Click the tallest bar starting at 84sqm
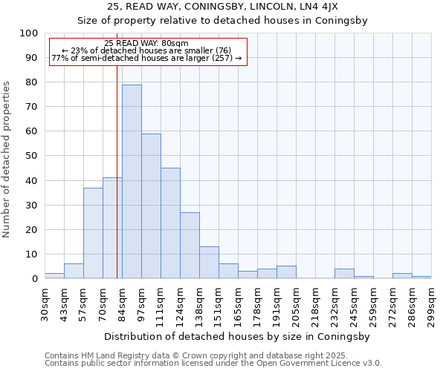[x=132, y=182]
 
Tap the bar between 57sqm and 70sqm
[x=93, y=233]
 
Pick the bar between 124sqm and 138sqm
[x=190, y=246]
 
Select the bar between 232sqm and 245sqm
[x=344, y=274]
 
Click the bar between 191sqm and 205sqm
[x=286, y=272]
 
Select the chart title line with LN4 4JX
[x=223, y=6]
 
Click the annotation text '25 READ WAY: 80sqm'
[x=146, y=43]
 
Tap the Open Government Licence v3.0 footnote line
[x=213, y=364]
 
